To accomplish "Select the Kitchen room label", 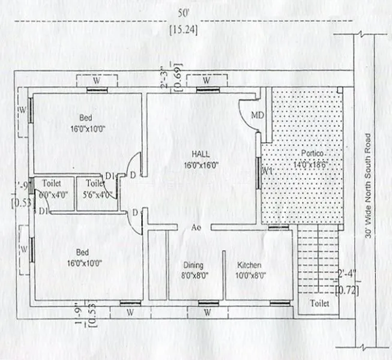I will [249, 265].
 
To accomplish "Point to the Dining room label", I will [193, 265].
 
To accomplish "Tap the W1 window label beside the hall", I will [268, 172].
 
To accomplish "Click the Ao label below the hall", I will [196, 228].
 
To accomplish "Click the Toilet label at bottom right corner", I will [319, 304].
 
